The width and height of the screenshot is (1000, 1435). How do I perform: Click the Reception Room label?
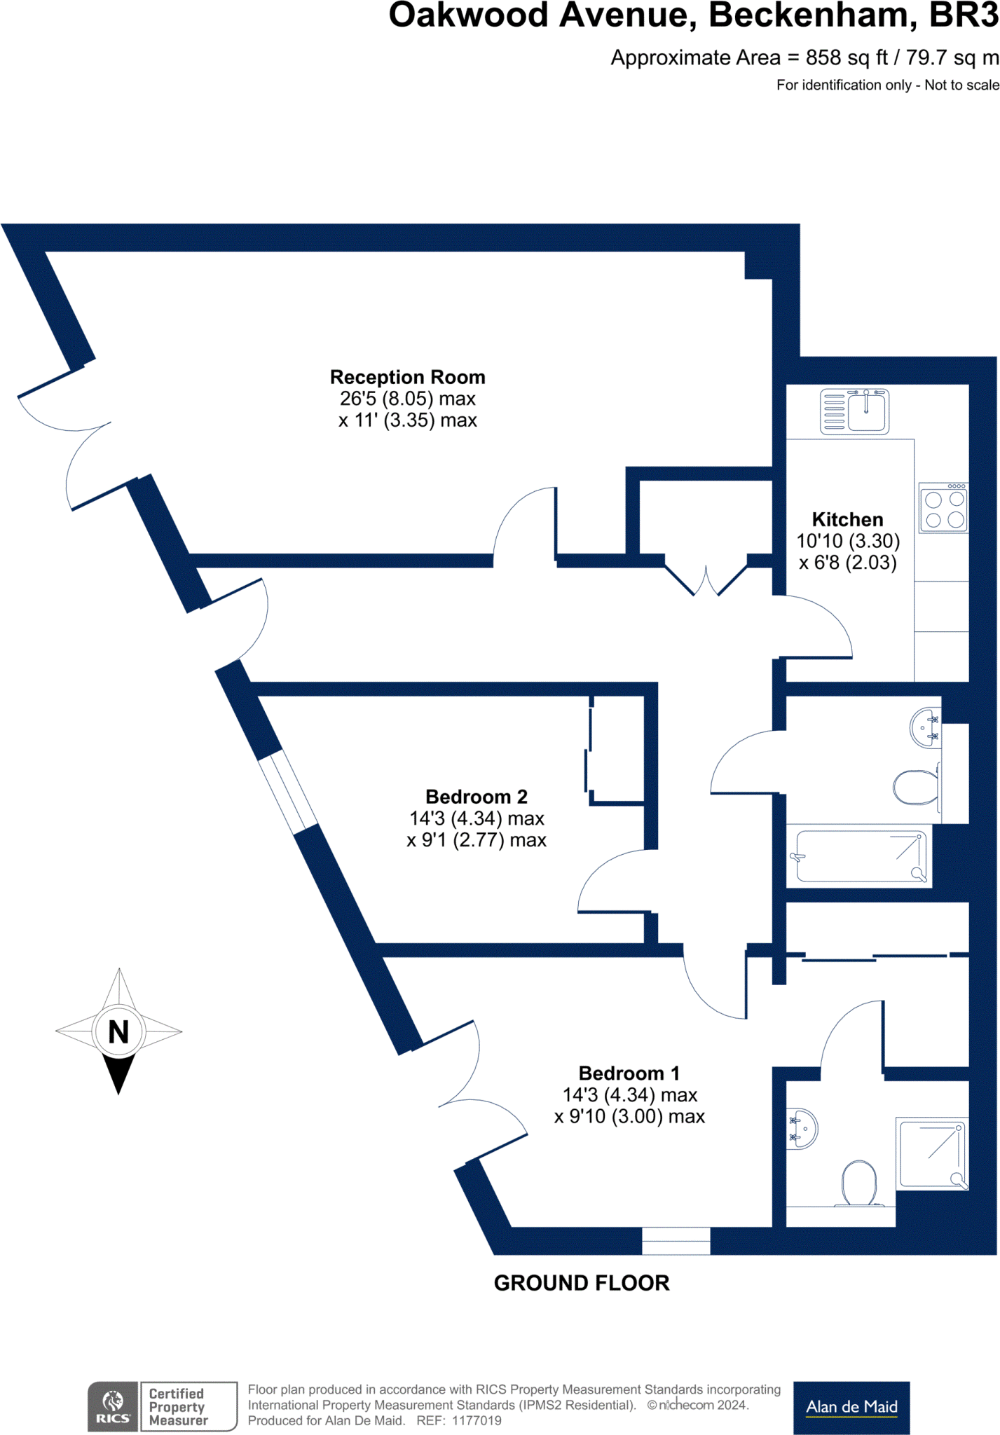(407, 377)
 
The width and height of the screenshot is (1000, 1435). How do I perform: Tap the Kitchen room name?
(847, 519)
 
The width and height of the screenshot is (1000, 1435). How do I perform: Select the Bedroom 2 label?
(476, 797)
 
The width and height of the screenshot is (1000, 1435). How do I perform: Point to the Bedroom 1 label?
(629, 1073)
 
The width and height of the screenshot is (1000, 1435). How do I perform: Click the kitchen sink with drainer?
(854, 411)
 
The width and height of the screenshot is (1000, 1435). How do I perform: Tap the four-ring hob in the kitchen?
(944, 509)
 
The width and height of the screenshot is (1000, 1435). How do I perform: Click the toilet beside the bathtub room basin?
(917, 788)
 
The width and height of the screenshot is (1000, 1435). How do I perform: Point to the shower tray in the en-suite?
(933, 1153)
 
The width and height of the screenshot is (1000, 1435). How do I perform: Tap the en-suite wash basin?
(802, 1128)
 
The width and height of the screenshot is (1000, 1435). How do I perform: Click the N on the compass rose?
(118, 1031)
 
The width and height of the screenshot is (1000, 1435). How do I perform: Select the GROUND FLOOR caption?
(582, 1283)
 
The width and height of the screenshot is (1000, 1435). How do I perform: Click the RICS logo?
(113, 1406)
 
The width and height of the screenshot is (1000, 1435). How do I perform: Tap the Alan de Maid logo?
(851, 1407)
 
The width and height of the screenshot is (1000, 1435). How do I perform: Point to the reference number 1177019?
(477, 1421)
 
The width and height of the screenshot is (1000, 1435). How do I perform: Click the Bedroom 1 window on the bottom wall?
(676, 1241)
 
